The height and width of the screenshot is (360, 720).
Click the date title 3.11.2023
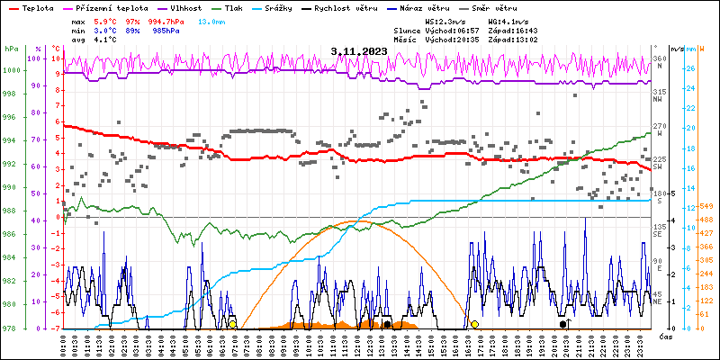tap(359, 51)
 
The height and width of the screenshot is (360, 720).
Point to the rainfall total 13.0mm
tap(212, 21)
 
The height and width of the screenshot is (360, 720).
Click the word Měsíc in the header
tap(407, 40)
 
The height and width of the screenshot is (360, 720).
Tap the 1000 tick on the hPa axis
tap(12, 70)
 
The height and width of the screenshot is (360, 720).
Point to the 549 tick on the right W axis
tap(706, 207)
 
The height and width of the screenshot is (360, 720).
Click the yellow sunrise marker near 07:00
tap(232, 324)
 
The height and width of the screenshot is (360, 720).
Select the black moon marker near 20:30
tap(563, 324)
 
